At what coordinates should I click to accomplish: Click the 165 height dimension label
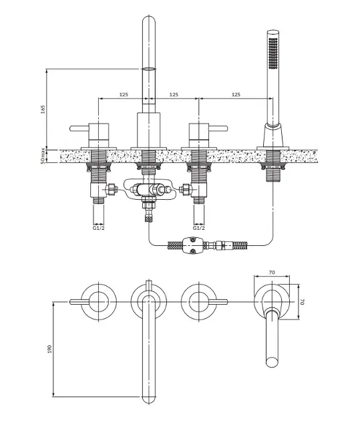click(43, 110)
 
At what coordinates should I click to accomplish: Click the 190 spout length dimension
click(49, 349)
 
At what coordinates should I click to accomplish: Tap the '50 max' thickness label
click(43, 156)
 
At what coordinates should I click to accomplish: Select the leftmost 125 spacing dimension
click(124, 94)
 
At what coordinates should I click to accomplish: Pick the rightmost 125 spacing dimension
click(236, 94)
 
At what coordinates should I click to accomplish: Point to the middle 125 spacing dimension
click(174, 94)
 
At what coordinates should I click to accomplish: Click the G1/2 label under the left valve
click(98, 229)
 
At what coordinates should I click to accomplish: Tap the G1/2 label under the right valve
click(199, 229)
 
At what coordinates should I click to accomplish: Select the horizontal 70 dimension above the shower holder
click(272, 272)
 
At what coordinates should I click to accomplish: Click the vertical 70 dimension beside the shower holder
click(303, 301)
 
